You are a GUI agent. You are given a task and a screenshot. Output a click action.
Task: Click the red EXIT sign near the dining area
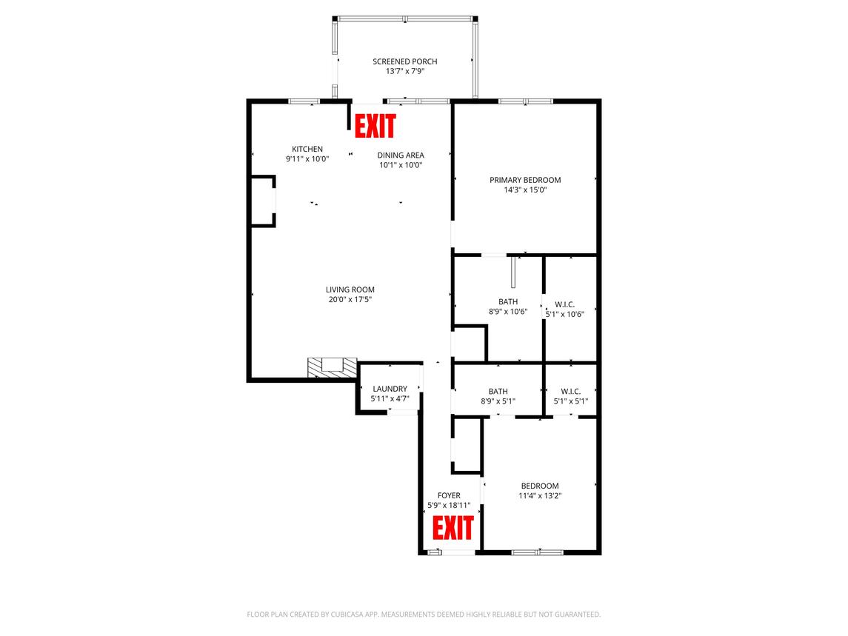pyautogui.click(x=375, y=126)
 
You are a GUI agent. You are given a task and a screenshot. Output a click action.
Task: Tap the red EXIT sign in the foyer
pyautogui.click(x=453, y=528)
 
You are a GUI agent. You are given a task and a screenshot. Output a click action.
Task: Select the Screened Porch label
pyautogui.click(x=404, y=61)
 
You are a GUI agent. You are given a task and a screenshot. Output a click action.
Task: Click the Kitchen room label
pyautogui.click(x=307, y=149)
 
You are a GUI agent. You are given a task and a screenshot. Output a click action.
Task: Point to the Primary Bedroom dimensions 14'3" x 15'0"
pyautogui.click(x=525, y=190)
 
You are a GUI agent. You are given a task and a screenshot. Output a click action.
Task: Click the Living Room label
pyautogui.click(x=350, y=289)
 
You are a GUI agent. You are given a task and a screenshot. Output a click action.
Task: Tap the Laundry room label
pyautogui.click(x=390, y=389)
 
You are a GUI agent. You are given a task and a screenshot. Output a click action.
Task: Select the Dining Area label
pyautogui.click(x=401, y=155)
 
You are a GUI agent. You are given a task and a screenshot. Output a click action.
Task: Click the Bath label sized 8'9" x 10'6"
pyautogui.click(x=508, y=301)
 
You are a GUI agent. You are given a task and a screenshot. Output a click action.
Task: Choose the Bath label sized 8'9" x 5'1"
pyautogui.click(x=498, y=392)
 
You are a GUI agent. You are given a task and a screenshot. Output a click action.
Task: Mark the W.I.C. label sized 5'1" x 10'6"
pyautogui.click(x=564, y=304)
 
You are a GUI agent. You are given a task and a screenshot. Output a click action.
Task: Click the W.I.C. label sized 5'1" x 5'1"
pyautogui.click(x=570, y=392)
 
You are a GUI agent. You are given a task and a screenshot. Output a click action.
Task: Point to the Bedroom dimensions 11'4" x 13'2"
pyautogui.click(x=540, y=496)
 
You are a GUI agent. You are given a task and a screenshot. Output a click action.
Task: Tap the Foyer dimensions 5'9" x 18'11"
pyautogui.click(x=449, y=506)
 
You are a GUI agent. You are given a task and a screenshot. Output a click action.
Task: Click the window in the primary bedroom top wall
pyautogui.click(x=525, y=101)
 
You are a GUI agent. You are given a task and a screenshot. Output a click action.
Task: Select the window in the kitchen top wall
pyautogui.click(x=304, y=101)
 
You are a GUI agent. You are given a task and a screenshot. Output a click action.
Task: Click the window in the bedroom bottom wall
pyautogui.click(x=538, y=552)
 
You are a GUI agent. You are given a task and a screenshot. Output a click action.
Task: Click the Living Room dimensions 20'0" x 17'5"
pyautogui.click(x=350, y=300)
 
